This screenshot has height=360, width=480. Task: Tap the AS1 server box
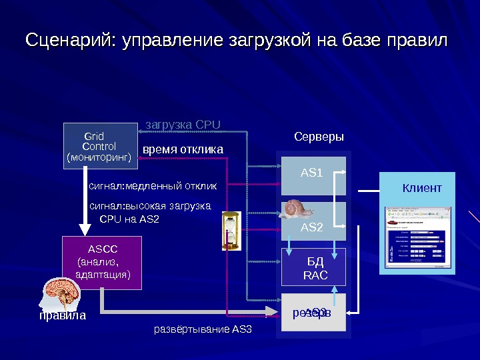(312, 175)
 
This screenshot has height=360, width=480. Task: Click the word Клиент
(421, 189)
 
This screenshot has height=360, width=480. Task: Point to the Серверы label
(319, 137)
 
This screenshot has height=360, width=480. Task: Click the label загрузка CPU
(183, 124)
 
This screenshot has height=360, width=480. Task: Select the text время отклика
(183, 149)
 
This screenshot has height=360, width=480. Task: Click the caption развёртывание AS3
(203, 329)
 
